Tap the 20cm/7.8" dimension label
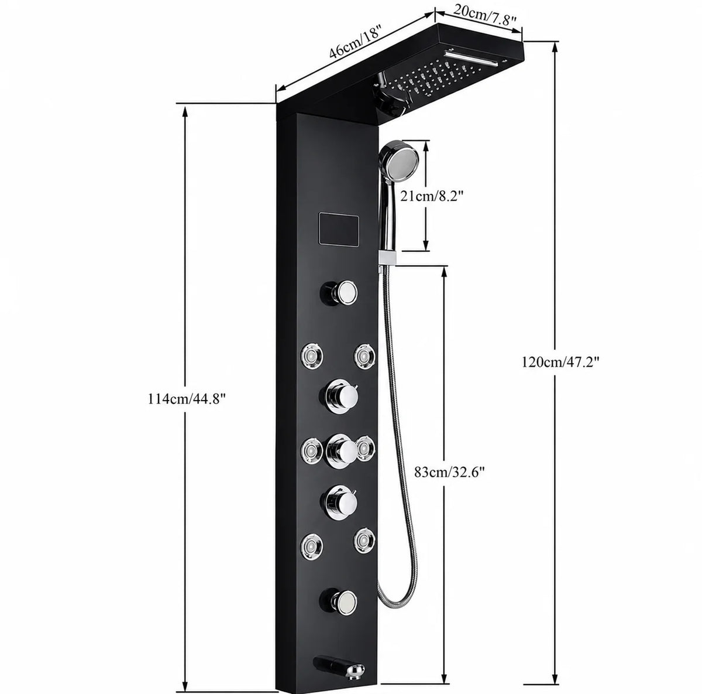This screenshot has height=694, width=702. [x=485, y=17]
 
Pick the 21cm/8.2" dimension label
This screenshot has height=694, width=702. [x=432, y=196]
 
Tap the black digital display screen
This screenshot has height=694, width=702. [x=339, y=230]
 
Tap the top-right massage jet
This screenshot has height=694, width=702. [x=364, y=355]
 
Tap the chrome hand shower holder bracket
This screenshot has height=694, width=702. [x=386, y=257]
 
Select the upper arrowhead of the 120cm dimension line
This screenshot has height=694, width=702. [x=555, y=47]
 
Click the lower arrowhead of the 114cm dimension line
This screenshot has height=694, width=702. [x=185, y=685]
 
